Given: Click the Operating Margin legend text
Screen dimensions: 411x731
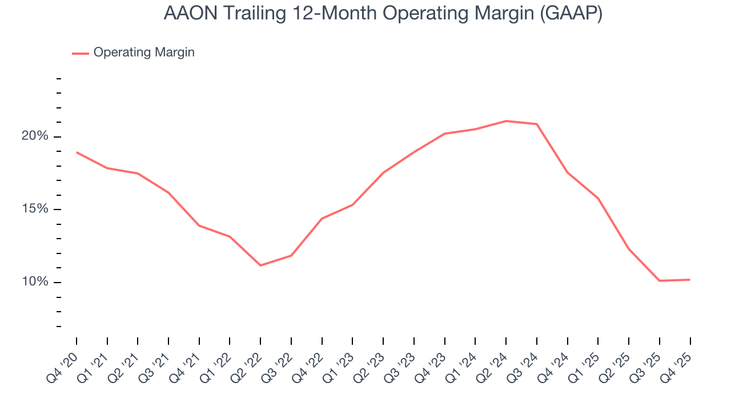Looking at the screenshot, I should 144,53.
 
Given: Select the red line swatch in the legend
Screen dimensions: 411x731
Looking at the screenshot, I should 80,53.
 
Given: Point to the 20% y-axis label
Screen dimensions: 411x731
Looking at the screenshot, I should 34,136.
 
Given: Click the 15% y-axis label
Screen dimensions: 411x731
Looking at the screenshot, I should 34,209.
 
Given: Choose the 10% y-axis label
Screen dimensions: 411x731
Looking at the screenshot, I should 34,282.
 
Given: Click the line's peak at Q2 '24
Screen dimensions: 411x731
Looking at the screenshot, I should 506,121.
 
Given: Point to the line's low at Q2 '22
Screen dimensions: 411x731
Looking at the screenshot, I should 260,265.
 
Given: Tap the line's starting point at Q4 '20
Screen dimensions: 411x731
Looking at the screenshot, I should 77,152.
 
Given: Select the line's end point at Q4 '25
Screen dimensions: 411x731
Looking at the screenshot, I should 690,280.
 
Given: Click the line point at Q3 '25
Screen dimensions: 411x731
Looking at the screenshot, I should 659,281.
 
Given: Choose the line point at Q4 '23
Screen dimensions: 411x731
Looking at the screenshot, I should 445,134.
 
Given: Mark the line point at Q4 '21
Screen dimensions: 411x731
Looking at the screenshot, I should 199,225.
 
